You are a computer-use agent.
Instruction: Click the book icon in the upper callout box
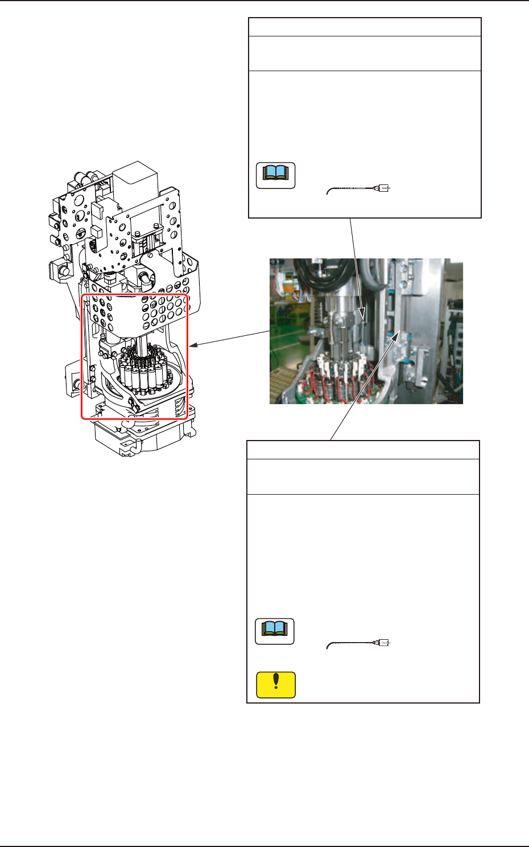pos(276,175)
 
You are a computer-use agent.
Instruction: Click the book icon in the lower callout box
pos(275,631)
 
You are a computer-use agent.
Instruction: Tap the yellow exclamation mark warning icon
pos(276,685)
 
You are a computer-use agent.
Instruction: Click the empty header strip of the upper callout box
pos(365,27)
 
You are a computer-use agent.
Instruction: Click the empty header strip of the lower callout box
pos(363,450)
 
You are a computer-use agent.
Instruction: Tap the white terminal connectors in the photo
pos(336,367)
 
